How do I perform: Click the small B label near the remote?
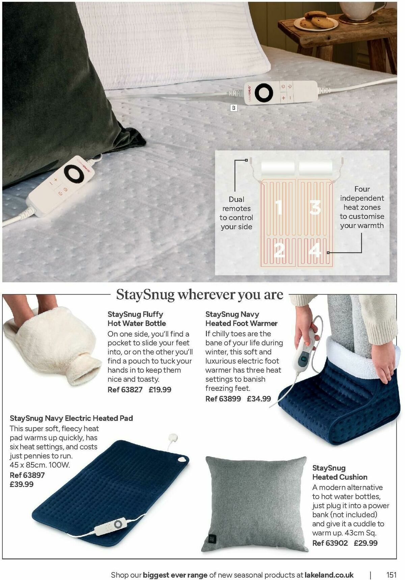coord(233,108)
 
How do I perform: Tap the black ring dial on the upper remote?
coord(264,93)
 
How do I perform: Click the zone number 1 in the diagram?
coord(279,207)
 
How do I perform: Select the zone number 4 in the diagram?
coord(315,251)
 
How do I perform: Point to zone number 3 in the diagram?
coord(315,207)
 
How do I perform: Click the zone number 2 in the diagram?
coord(279,251)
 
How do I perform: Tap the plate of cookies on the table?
coord(315,20)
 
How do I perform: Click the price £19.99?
coord(160,389)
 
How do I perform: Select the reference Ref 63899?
coord(223,399)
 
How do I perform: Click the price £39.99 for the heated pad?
coord(22,484)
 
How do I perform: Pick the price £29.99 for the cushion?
coord(366,543)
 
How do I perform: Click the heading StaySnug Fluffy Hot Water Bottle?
coord(137,319)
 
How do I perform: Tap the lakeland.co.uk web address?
coord(329,575)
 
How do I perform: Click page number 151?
coord(391,575)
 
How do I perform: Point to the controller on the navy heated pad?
coord(113,526)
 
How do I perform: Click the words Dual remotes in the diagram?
coord(236,204)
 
